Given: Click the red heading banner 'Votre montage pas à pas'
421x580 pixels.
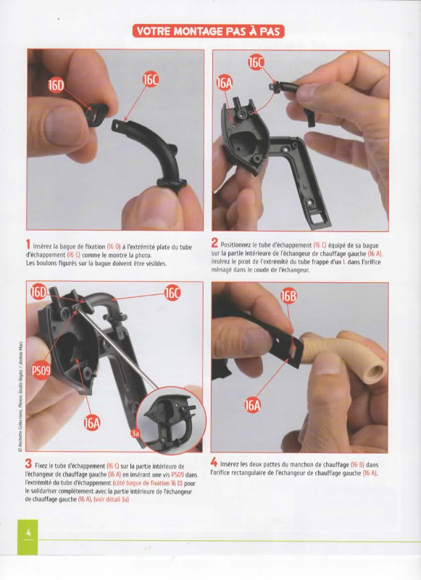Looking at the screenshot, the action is coord(209,31).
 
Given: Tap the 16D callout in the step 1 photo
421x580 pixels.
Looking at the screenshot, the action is coord(56,86).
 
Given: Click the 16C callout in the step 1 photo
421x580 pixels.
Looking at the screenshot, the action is coord(150,80).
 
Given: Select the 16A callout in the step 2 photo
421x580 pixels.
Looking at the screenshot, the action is coord(225,83).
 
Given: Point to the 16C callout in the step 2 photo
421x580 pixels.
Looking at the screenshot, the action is coord(256,63).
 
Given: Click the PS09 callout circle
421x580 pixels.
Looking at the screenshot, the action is coord(41,370).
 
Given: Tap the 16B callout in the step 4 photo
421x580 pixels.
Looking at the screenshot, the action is coord(288,297).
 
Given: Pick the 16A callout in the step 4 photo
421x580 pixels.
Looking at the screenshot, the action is coord(252,406).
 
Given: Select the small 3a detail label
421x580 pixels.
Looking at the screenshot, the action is coord(136,434).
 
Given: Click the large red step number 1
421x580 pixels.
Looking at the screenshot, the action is coord(28,244).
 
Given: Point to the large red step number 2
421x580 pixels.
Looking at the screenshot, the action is coord(214,243).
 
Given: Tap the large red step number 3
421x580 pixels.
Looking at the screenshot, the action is coord(28,463).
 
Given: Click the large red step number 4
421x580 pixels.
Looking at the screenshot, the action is coord(214,462).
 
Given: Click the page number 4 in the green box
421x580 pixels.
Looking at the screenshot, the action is coord(28,533).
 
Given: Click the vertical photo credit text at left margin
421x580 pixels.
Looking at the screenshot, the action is coord(20,396).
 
